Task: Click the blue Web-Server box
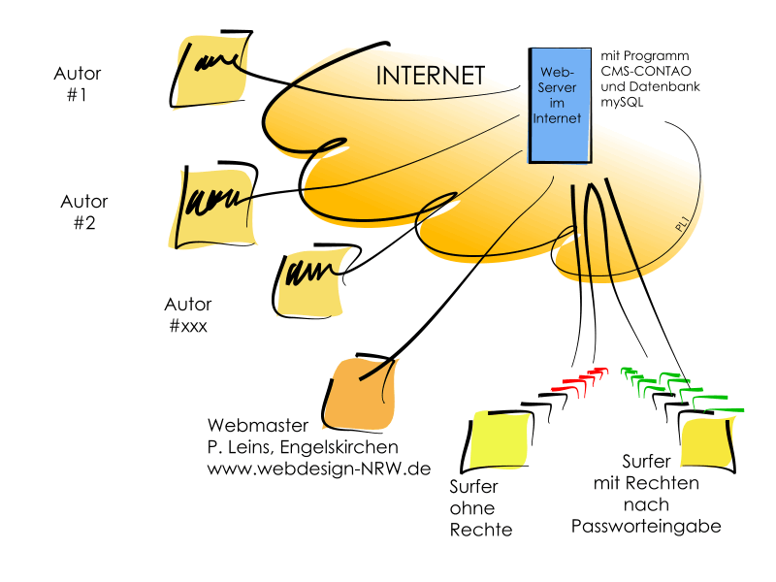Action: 558,105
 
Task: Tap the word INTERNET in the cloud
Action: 429,76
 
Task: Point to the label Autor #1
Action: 78,84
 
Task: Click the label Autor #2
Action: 84,211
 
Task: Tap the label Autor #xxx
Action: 188,314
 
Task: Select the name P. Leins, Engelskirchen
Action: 303,447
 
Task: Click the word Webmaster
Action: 258,426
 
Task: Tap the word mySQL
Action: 624,102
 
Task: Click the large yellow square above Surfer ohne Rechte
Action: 500,442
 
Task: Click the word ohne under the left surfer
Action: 472,508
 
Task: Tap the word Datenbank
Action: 659,87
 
